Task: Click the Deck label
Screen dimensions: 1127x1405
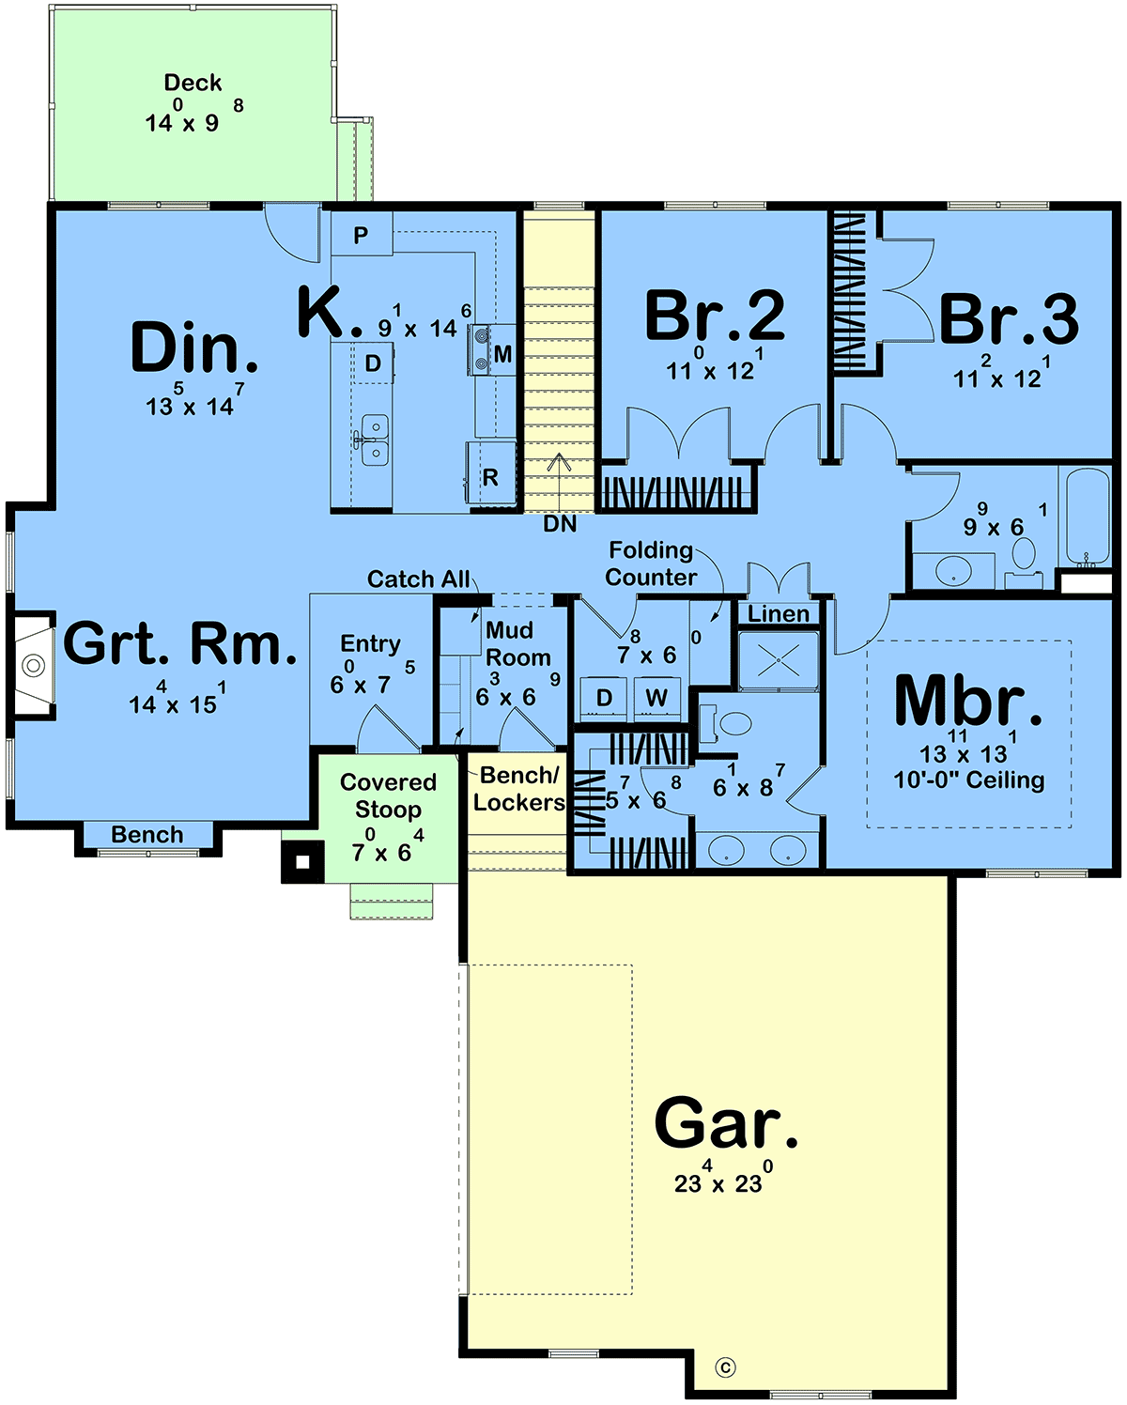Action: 193,83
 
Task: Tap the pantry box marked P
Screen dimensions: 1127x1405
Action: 362,233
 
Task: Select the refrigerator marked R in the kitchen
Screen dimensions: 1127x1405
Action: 490,473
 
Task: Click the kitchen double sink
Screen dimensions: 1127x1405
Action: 375,440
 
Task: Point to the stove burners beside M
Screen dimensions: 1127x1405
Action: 481,349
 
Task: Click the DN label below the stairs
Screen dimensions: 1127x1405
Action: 560,524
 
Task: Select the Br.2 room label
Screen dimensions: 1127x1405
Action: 715,316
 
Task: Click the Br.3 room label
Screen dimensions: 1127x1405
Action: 1009,319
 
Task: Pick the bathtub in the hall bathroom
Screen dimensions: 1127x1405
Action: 1088,517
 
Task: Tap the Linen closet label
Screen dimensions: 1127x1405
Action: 778,613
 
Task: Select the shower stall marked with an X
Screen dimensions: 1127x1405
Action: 779,660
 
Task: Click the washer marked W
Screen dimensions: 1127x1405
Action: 656,699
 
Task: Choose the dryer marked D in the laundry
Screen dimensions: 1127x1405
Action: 604,699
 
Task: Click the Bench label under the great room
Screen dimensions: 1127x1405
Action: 147,834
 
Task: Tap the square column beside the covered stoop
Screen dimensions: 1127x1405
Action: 302,862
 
